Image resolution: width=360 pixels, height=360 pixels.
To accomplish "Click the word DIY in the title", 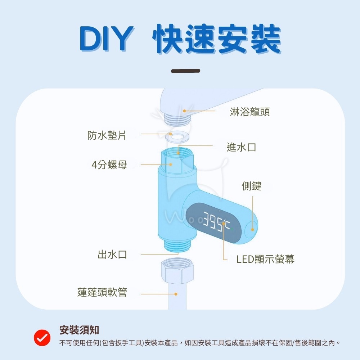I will pyautogui.click(x=104, y=39).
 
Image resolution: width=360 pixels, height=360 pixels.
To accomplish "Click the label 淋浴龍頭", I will pyautogui.click(x=250, y=112).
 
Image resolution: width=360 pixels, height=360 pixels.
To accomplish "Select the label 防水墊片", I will pyautogui.click(x=107, y=135).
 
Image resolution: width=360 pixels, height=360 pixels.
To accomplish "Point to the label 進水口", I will pyautogui.click(x=241, y=147).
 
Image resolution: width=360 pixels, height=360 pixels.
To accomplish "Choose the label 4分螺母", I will pyautogui.click(x=109, y=165).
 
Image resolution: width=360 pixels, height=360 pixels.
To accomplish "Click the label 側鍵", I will pyautogui.click(x=251, y=186).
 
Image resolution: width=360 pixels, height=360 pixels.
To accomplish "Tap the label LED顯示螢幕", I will pyautogui.click(x=265, y=259).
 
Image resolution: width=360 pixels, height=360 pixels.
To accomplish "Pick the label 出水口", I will pyautogui.click(x=112, y=255).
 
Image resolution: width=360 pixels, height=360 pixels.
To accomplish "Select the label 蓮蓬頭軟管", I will pyautogui.click(x=102, y=292).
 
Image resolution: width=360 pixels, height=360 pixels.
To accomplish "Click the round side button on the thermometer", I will pyautogui.click(x=252, y=229).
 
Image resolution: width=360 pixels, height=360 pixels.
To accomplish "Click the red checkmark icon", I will pyautogui.click(x=42, y=337).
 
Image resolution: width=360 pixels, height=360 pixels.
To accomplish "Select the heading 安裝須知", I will pyautogui.click(x=79, y=330).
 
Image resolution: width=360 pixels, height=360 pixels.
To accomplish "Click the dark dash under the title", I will pyautogui.click(x=185, y=71).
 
